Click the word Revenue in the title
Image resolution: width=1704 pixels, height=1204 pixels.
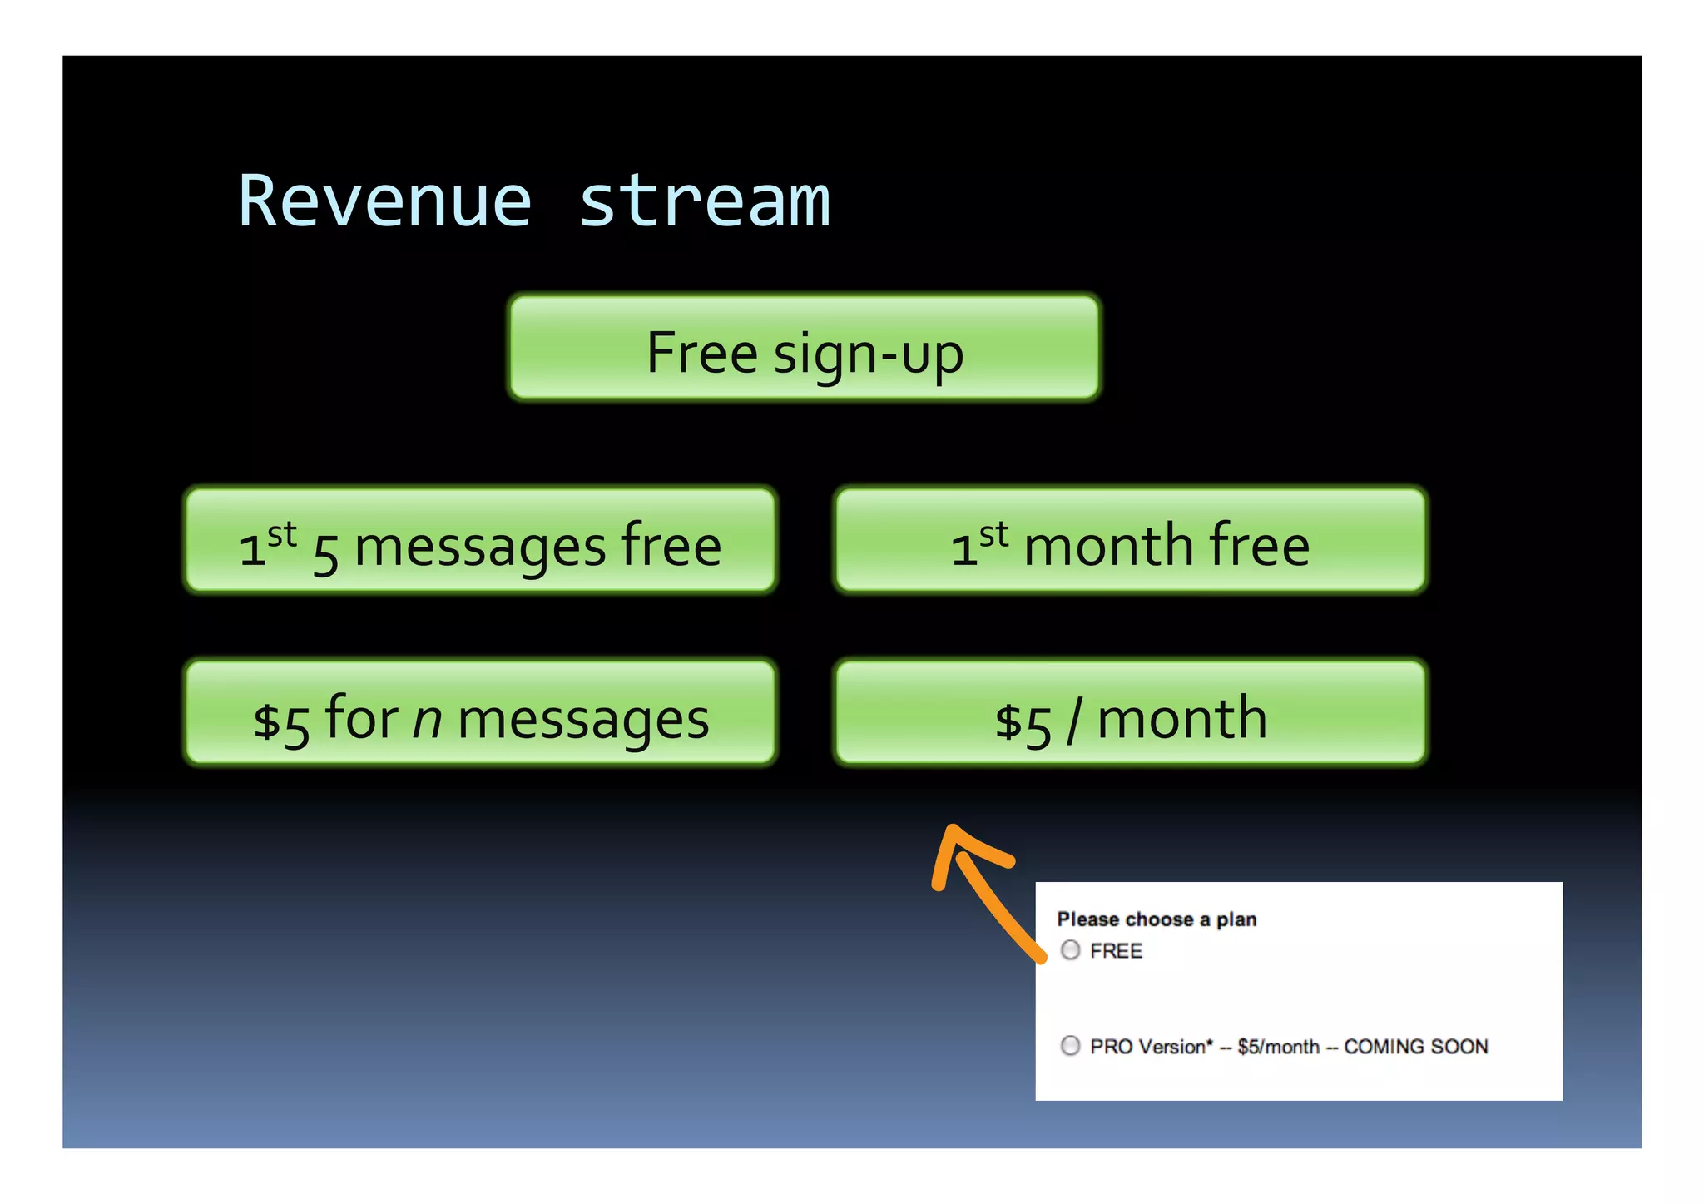click(x=384, y=202)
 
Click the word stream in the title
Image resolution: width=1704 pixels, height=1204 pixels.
click(x=704, y=202)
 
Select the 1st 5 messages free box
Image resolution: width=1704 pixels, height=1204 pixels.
click(x=480, y=542)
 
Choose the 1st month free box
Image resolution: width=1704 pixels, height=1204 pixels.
click(x=1130, y=542)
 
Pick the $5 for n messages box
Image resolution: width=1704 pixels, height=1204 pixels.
click(x=480, y=714)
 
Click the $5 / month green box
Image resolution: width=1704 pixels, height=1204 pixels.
click(x=1130, y=714)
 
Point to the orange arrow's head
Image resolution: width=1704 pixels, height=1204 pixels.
click(x=954, y=837)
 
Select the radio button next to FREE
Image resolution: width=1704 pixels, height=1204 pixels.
click(x=1071, y=950)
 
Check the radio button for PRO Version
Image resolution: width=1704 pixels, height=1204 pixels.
click(x=1071, y=1046)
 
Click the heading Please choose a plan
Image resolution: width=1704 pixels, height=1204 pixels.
click(x=1157, y=919)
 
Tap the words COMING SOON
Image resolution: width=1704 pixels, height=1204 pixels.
click(x=1415, y=1047)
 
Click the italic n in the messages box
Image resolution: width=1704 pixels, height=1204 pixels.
click(x=427, y=721)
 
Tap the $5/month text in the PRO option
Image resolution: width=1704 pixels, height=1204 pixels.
click(x=1278, y=1047)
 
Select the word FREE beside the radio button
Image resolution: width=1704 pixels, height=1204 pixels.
click(x=1116, y=951)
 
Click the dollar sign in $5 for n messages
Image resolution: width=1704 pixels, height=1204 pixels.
click(x=267, y=721)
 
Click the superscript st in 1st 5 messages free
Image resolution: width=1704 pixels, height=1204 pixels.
click(x=282, y=534)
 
